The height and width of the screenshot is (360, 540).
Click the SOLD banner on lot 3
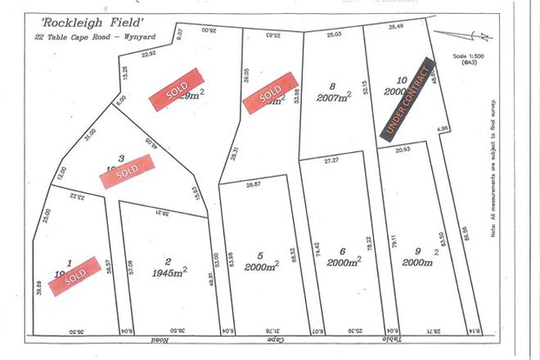[x=125, y=171]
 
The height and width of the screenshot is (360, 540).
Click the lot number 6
[x=343, y=251]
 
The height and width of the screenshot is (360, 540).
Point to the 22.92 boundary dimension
[x=148, y=55]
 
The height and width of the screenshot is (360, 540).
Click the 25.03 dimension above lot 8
[x=333, y=35]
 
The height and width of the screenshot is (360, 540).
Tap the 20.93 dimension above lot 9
[x=403, y=151]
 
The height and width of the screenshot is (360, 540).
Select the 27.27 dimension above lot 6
[x=331, y=161]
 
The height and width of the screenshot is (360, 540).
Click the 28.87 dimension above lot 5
[x=254, y=187]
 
